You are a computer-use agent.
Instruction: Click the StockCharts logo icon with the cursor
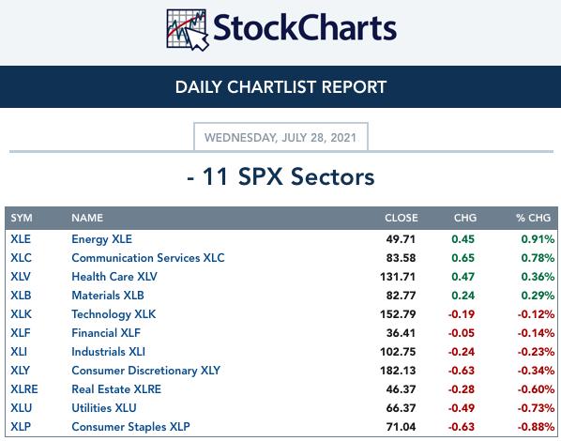pos(187,30)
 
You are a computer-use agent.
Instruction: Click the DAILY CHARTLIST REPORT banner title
pos(280,87)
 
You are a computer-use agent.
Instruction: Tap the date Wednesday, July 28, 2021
pos(280,138)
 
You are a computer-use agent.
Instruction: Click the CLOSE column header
pos(402,218)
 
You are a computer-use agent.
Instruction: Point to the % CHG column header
pos(533,218)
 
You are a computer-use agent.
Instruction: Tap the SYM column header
pos(22,218)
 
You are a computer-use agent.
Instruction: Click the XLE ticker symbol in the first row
pos(21,239)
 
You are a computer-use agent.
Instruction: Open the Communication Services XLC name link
pos(148,258)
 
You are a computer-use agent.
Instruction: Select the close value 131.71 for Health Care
pos(398,277)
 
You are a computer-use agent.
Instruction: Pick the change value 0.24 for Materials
pos(463,296)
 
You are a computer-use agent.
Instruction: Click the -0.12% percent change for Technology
pos(536,314)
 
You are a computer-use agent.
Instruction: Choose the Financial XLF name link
pos(106,333)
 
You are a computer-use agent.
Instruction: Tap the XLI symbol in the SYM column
pos(19,352)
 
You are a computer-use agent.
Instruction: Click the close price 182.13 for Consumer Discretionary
pos(398,371)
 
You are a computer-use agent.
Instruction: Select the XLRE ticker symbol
pos(24,389)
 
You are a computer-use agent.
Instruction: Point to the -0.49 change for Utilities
pos(462,408)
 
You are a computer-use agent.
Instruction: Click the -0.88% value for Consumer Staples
pos(536,427)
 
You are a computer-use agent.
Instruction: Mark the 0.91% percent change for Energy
pos(538,239)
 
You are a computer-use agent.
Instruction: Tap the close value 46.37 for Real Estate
pos(401,389)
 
